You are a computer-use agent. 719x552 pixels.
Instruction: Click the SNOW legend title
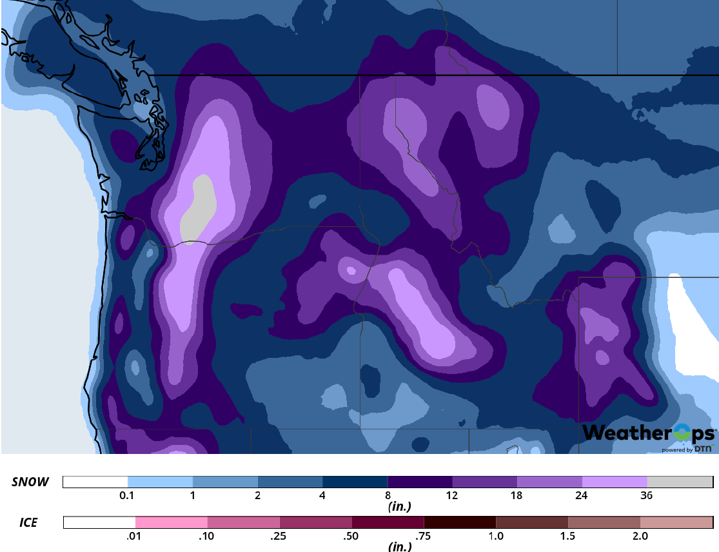click(x=30, y=482)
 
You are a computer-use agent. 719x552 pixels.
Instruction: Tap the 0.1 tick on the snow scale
click(x=126, y=495)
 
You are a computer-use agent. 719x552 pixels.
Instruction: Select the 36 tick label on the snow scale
click(x=647, y=495)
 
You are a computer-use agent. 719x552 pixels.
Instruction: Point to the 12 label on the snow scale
click(x=451, y=495)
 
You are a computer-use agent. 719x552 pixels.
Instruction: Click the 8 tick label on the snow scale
click(x=388, y=495)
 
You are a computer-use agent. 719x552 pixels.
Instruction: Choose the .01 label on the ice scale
click(x=135, y=536)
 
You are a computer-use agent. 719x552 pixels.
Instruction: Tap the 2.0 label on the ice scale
click(x=640, y=536)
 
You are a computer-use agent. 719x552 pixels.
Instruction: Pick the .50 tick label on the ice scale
click(x=352, y=536)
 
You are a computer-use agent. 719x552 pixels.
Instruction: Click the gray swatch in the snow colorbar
click(x=680, y=482)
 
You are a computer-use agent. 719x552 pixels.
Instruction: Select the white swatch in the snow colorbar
click(x=95, y=482)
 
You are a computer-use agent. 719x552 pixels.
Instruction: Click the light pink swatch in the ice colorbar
click(x=172, y=522)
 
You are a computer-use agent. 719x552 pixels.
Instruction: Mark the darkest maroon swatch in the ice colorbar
click(x=460, y=522)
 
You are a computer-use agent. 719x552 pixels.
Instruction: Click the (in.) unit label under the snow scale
click(x=400, y=507)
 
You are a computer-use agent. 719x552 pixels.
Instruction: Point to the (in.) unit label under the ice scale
click(x=400, y=547)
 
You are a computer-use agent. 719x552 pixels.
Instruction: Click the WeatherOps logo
click(x=649, y=433)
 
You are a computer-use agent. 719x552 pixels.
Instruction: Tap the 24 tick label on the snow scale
click(x=582, y=495)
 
